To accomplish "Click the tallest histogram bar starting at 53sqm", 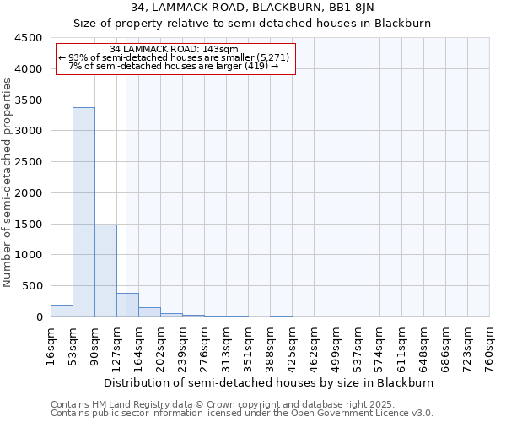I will click(x=83, y=212).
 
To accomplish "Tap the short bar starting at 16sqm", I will click(x=62, y=311).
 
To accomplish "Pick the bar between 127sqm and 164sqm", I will click(x=127, y=305).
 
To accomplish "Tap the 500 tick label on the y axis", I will click(x=32, y=286).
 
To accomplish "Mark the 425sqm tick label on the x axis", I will click(x=292, y=346).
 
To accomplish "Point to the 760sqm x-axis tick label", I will click(x=489, y=346).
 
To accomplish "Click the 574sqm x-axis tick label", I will click(x=379, y=346).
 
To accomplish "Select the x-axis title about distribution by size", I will click(x=270, y=382).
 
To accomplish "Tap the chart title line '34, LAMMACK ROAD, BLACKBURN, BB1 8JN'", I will click(x=252, y=8).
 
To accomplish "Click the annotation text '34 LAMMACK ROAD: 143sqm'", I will click(x=175, y=49).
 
